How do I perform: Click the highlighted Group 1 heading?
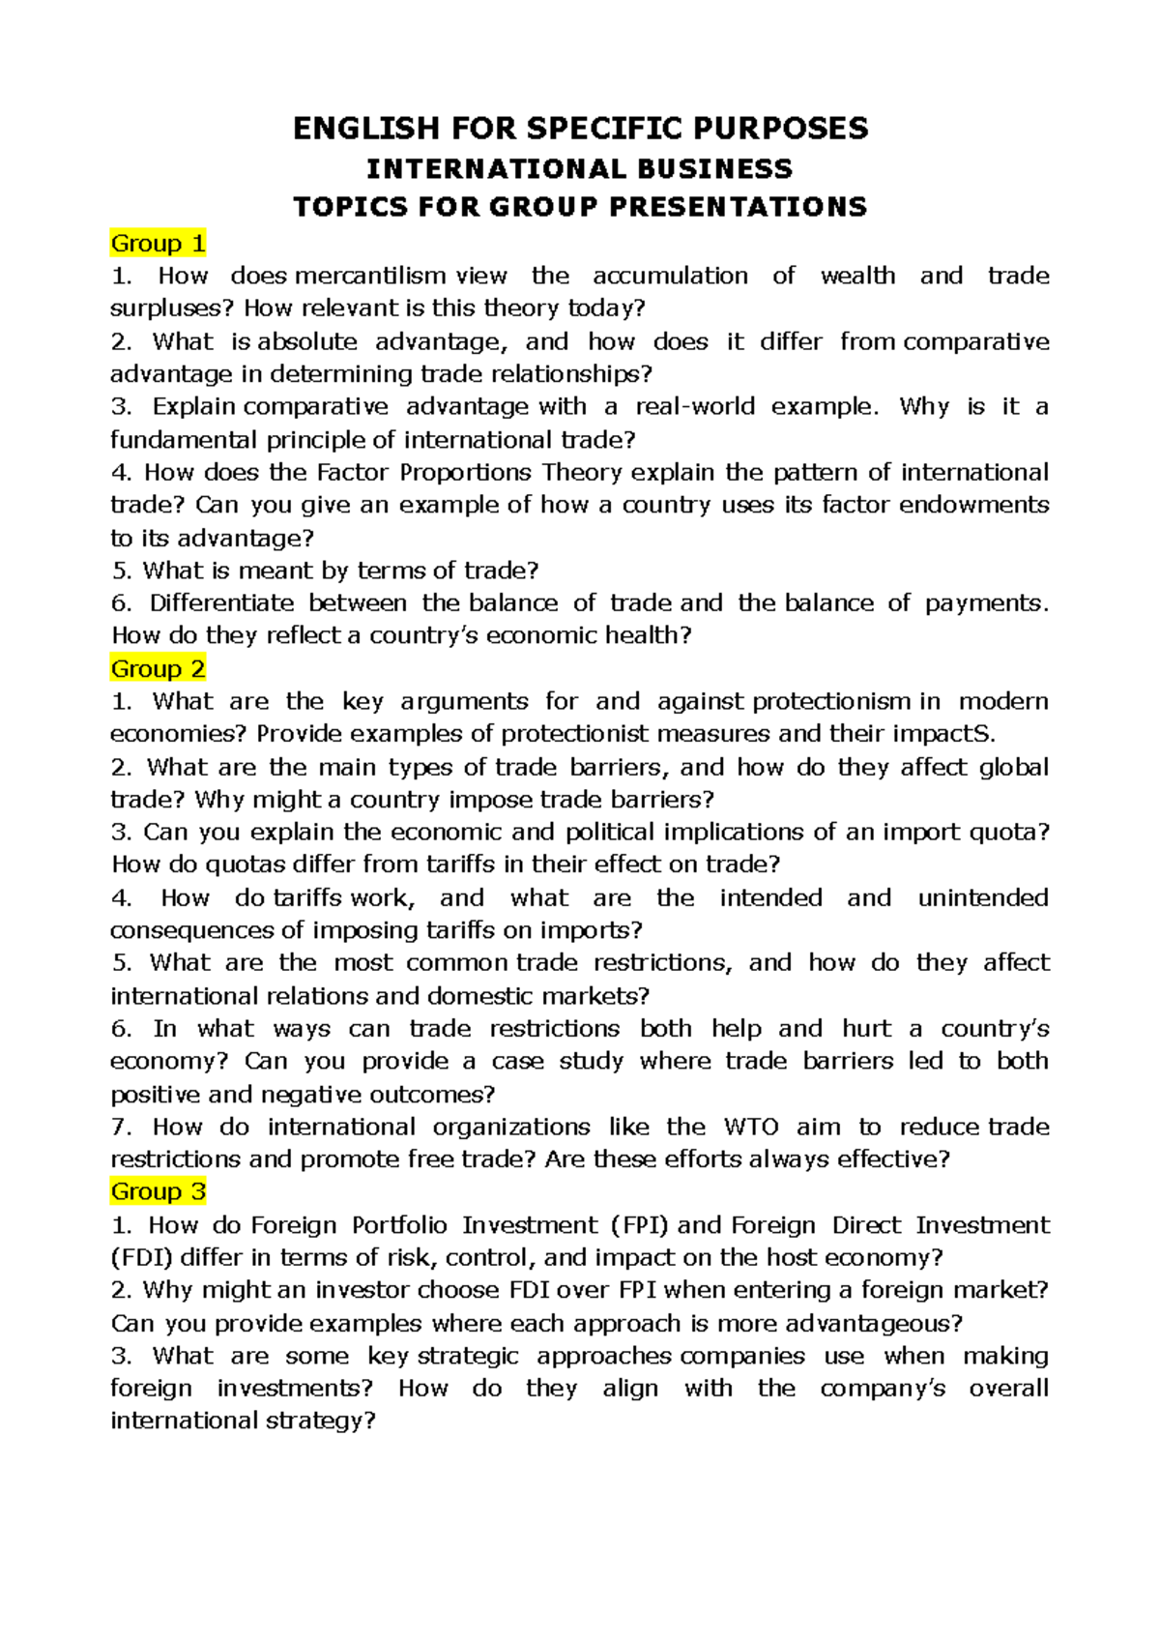click(158, 243)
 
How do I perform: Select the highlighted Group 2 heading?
click(158, 668)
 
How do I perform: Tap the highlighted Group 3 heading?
click(158, 1191)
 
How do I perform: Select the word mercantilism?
click(370, 276)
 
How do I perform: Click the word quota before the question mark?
click(1007, 832)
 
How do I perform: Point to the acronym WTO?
click(751, 1127)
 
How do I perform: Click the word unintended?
click(983, 897)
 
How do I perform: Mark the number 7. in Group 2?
click(121, 1127)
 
